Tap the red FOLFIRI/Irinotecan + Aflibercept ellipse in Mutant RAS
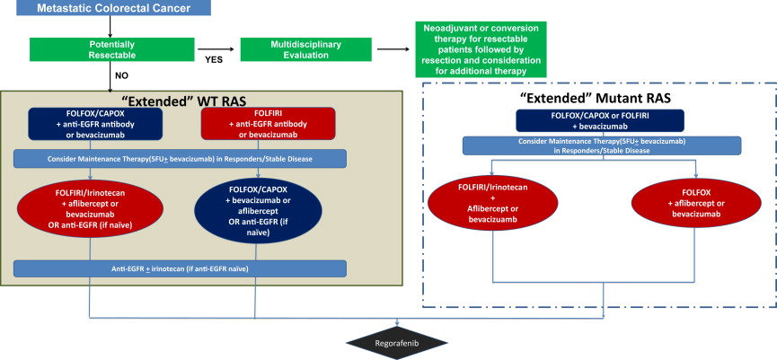tap(493, 189)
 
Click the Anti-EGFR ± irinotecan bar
tap(181, 268)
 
